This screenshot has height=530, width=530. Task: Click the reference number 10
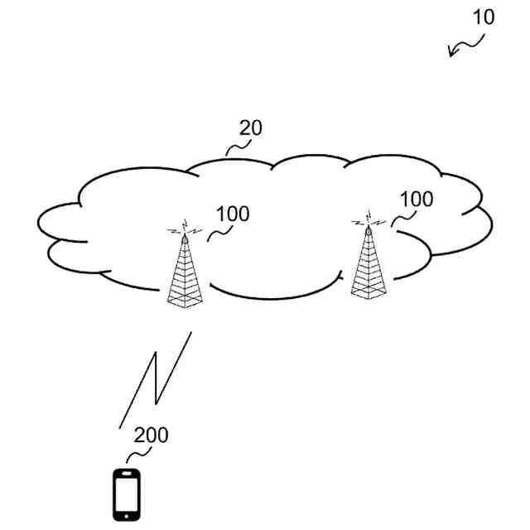(x=484, y=17)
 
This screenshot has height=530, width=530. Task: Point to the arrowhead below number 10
(x=451, y=55)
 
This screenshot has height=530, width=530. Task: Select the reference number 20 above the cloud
(x=251, y=128)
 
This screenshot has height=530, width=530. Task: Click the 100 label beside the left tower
(x=232, y=214)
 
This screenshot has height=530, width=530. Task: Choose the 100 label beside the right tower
(x=416, y=200)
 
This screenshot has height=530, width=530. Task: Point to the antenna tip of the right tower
(x=369, y=222)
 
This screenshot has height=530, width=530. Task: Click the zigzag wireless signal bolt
(x=156, y=377)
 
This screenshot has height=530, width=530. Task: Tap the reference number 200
(x=151, y=435)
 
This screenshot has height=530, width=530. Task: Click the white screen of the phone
(x=126, y=494)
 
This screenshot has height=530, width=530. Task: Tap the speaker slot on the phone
(x=126, y=474)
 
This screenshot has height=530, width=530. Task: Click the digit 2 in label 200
(x=139, y=435)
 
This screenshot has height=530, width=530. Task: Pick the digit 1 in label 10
(x=477, y=17)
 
